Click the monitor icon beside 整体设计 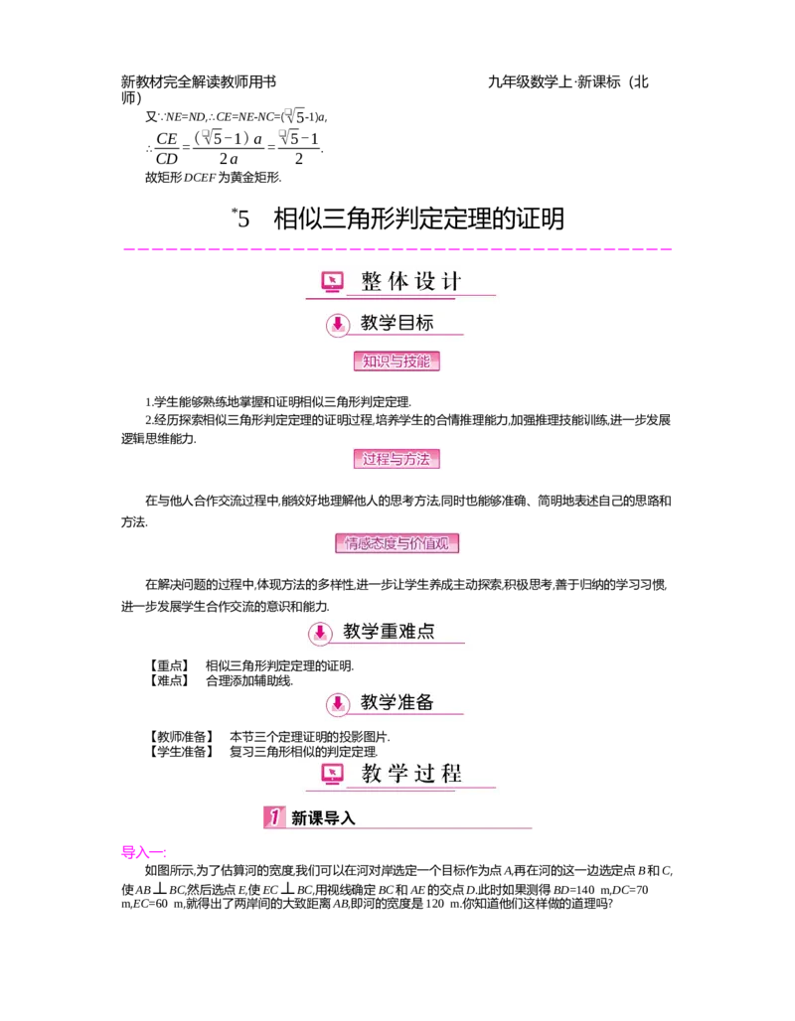pyautogui.click(x=332, y=282)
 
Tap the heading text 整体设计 pyautogui.click(x=411, y=281)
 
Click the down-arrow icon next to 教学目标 pyautogui.click(x=338, y=324)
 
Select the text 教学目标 pyautogui.click(x=397, y=323)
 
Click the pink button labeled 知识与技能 pyautogui.click(x=397, y=362)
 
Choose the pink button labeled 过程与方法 pyautogui.click(x=397, y=459)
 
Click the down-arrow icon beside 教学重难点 pyautogui.click(x=320, y=632)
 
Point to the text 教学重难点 pyautogui.click(x=389, y=631)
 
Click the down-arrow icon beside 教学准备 pyautogui.click(x=338, y=703)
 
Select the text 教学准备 pyautogui.click(x=397, y=702)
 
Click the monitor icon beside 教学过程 pyautogui.click(x=332, y=774)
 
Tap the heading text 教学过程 pyautogui.click(x=411, y=774)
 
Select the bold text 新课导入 pyautogui.click(x=323, y=818)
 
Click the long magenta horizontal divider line pyautogui.click(x=397, y=250)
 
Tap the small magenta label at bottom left pyautogui.click(x=142, y=851)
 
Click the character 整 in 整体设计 pyautogui.click(x=372, y=281)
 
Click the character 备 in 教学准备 pyautogui.click(x=424, y=702)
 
